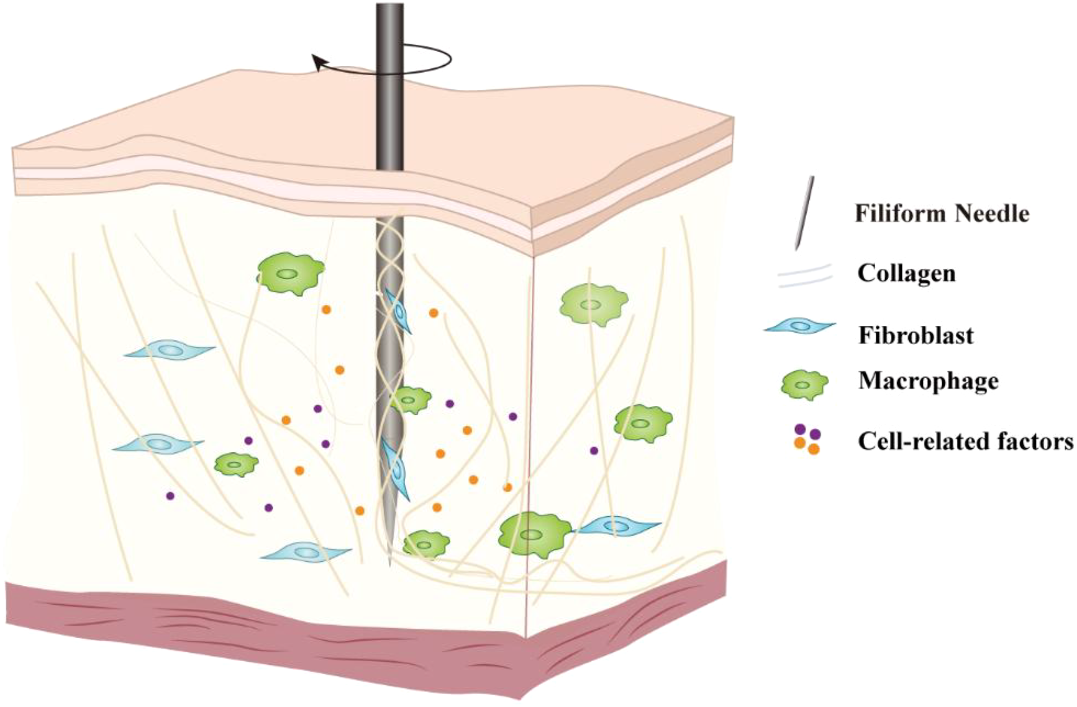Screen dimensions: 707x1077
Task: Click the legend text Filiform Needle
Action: (x=942, y=214)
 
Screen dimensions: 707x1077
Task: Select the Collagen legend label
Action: (x=906, y=273)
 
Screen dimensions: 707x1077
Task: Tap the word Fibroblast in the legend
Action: (x=916, y=335)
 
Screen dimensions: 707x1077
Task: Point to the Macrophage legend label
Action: (x=928, y=381)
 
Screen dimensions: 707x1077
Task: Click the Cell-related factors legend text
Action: (x=965, y=441)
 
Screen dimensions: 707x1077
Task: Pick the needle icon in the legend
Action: (x=804, y=214)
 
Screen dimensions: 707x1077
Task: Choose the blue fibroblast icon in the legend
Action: (x=800, y=325)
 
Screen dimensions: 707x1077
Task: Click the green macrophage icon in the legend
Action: (x=804, y=385)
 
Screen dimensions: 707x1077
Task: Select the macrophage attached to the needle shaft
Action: (x=410, y=400)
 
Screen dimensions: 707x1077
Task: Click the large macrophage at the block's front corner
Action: (x=532, y=534)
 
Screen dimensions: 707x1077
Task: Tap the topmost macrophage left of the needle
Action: (x=289, y=273)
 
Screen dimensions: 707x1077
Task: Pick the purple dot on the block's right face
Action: (x=594, y=451)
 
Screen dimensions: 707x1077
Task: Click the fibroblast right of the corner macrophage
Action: (x=619, y=526)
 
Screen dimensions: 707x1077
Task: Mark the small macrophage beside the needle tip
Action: (x=425, y=544)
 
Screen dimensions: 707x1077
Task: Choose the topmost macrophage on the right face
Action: (x=593, y=304)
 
